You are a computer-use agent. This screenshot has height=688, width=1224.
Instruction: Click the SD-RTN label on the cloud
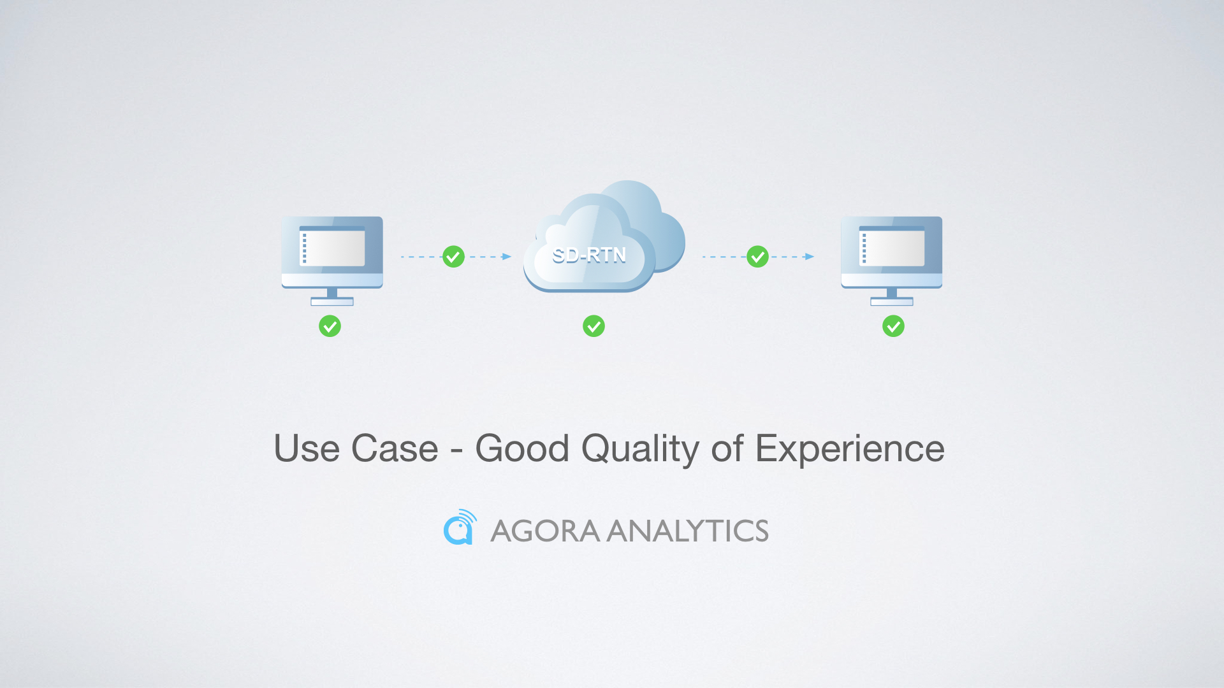tap(589, 255)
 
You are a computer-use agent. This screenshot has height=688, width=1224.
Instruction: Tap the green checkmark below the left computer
tap(330, 326)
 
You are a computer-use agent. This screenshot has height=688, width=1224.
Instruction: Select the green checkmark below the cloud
tap(594, 326)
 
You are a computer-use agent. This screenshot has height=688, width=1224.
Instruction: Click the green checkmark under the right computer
tap(893, 326)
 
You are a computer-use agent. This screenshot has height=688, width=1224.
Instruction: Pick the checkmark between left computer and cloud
tap(453, 257)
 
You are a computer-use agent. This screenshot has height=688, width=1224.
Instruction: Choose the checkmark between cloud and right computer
tap(757, 257)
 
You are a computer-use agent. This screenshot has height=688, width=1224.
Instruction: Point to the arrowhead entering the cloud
tap(507, 257)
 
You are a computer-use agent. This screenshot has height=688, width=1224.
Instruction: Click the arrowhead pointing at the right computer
tap(810, 257)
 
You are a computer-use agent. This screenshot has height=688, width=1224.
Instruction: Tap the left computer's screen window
tap(332, 246)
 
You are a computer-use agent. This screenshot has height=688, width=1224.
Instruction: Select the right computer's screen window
tap(892, 246)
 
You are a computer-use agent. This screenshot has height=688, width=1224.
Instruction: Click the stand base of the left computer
tap(332, 301)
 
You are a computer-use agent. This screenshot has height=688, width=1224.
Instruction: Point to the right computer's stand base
tap(892, 301)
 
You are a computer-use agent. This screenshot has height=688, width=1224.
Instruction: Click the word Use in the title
tap(307, 448)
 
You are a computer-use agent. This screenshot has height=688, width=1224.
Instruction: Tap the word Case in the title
tap(395, 448)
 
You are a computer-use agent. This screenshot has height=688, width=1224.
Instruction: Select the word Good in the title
tap(522, 448)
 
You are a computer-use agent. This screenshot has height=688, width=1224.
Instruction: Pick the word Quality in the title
tap(641, 450)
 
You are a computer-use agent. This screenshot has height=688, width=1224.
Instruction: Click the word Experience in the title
tap(850, 450)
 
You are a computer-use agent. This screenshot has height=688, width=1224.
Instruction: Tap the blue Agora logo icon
tap(460, 527)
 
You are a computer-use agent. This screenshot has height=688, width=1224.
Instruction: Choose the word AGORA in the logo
tap(545, 531)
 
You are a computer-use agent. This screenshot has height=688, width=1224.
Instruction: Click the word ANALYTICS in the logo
tap(688, 531)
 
